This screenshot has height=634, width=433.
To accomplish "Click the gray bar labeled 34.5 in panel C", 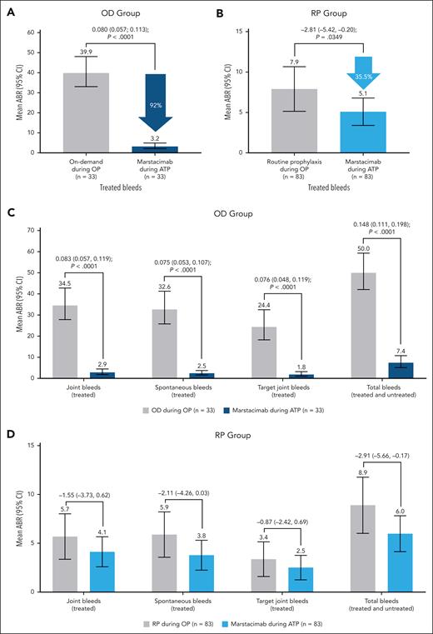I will coord(63,342).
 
